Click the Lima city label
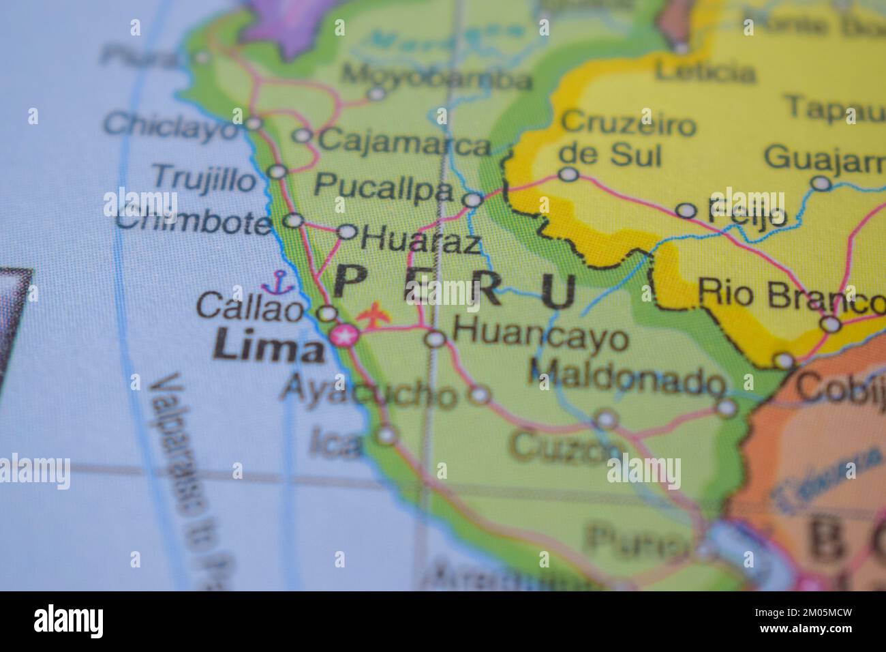click(x=267, y=349)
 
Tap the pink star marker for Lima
click(x=344, y=336)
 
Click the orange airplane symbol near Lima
click(x=373, y=316)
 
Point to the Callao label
click(x=249, y=308)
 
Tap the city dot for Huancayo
click(x=435, y=338)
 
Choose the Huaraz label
click(x=421, y=241)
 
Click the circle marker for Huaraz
click(x=347, y=232)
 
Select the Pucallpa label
click(x=384, y=188)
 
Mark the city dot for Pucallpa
click(x=472, y=200)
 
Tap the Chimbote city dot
click(x=293, y=220)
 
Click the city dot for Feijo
click(x=686, y=210)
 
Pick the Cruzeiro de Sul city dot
click(x=568, y=175)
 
